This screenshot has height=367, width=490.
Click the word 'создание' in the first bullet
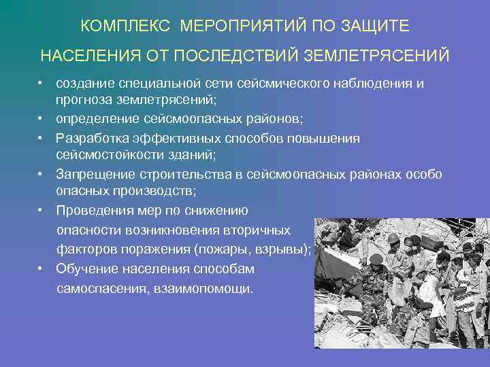85,84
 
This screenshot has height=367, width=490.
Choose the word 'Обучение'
86,268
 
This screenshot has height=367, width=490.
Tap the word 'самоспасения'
99,288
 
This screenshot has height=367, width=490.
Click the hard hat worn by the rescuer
393,238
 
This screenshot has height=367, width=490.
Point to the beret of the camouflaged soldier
376,259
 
